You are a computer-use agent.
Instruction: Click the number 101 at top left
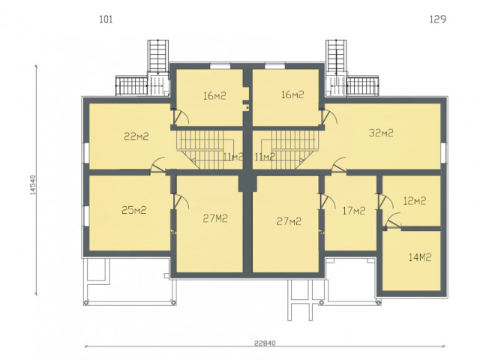(x=106, y=19)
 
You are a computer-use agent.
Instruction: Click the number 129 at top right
(x=438, y=19)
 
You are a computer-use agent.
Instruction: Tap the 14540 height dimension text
(x=33, y=185)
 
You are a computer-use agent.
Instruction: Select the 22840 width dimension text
(x=265, y=343)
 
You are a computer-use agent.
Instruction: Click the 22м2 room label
(x=136, y=136)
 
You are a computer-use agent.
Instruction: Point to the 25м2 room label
(x=134, y=210)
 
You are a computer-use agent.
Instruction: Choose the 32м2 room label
(x=381, y=133)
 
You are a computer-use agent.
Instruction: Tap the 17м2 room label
(x=354, y=211)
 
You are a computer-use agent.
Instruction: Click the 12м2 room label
(x=415, y=201)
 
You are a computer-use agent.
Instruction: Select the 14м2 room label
(x=420, y=257)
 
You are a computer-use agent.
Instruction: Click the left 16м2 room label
(x=215, y=96)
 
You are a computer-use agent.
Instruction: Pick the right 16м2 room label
(x=292, y=94)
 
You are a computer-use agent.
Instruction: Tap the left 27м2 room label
(x=215, y=218)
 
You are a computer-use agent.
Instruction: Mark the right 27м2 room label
(x=289, y=221)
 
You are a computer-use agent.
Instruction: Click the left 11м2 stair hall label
(x=233, y=157)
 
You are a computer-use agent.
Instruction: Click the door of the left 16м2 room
(x=181, y=117)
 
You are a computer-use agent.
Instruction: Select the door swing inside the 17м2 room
(x=328, y=202)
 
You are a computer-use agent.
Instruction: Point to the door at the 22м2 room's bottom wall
(x=158, y=165)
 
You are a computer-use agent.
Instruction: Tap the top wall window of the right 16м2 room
(x=274, y=65)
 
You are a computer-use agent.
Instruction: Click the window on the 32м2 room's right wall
(x=444, y=152)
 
